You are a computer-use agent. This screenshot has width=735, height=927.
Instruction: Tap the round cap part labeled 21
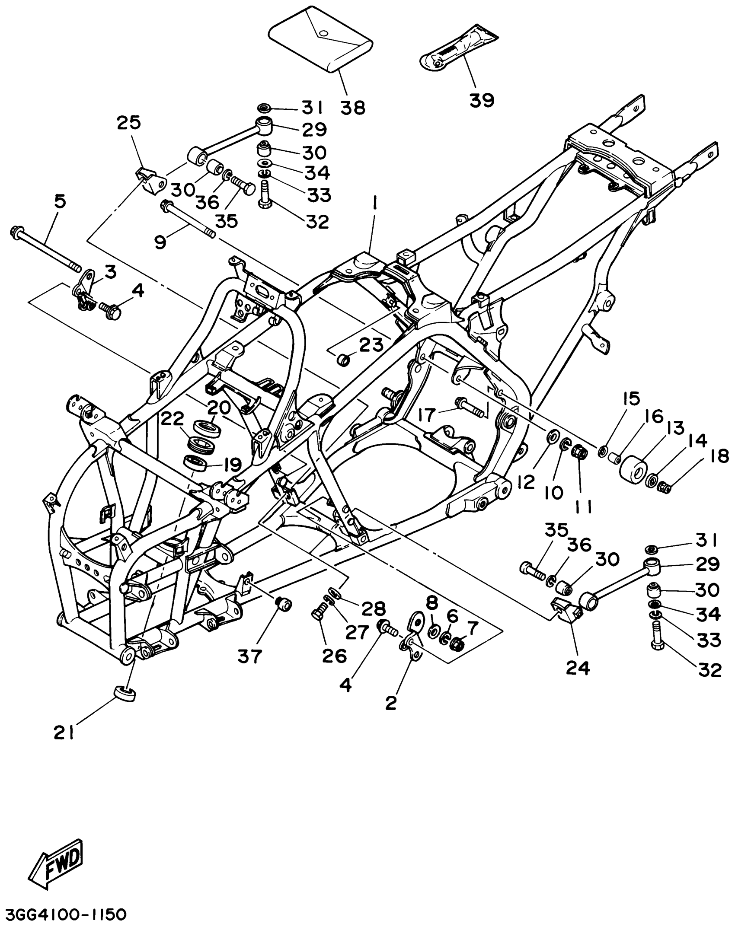124,693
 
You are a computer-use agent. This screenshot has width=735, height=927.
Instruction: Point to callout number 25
129,124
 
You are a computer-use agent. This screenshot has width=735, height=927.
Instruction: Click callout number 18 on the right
719,456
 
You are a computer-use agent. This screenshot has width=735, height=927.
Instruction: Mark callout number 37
250,656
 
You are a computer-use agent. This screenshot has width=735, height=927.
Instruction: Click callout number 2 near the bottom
390,704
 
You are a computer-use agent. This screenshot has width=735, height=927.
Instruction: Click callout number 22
173,420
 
